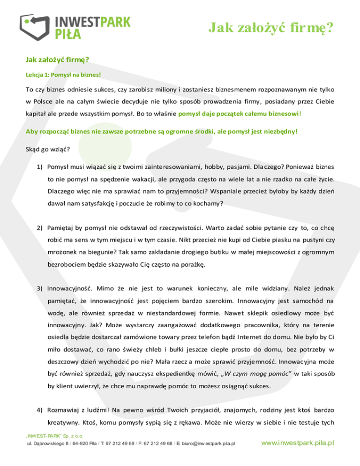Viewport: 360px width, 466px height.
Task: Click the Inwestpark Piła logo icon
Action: pos(35,26)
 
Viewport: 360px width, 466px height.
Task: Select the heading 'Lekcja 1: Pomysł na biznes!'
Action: pos(63,75)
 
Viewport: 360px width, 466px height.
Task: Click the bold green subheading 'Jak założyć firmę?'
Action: pos(57,60)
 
